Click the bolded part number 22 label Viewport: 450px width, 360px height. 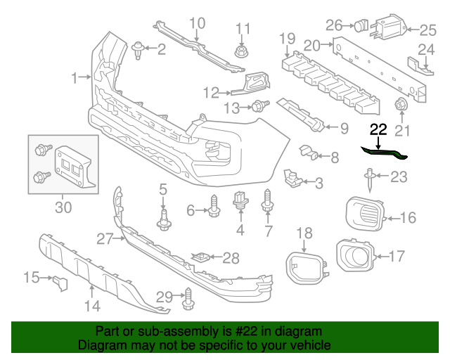378,129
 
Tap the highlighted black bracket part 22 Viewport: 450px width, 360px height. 383,150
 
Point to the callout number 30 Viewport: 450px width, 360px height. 63,207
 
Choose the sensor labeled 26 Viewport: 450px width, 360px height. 360,26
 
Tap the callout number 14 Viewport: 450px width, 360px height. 92,305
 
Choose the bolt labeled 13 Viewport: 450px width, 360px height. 259,107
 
